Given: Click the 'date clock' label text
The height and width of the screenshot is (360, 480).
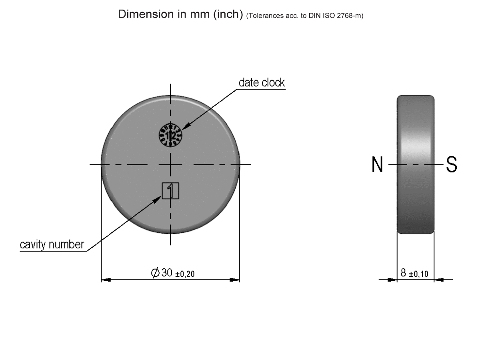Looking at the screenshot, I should point(262,82).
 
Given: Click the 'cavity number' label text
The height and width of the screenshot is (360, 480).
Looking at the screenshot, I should point(52,244).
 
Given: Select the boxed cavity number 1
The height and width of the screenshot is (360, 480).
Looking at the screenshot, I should point(170,190).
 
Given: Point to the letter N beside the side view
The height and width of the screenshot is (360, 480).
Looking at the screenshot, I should point(377,165).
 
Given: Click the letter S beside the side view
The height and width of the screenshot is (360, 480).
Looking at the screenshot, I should point(452,165).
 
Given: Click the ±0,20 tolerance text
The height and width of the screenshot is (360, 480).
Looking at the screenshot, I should point(186,274).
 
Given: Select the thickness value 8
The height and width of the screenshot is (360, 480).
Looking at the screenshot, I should point(404,273).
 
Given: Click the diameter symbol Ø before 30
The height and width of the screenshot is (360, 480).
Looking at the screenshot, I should point(155,273).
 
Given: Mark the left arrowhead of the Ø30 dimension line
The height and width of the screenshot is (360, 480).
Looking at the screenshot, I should point(106,280).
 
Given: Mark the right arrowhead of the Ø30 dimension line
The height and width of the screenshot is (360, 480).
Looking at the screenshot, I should point(235,280).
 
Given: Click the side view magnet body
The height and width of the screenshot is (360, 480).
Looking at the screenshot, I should point(415,164).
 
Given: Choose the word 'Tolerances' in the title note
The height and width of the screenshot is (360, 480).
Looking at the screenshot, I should point(262,16).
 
